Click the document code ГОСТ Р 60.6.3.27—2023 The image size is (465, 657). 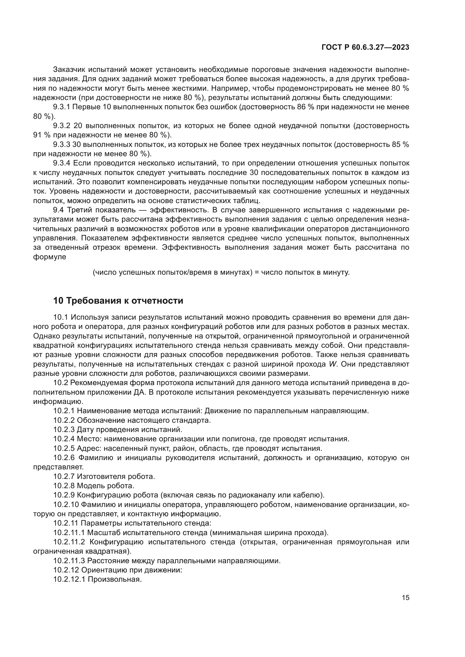365,47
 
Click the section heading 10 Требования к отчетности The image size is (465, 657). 118,301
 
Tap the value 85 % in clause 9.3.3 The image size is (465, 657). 400,144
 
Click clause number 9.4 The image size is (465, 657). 58,210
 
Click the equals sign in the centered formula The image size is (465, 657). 257,272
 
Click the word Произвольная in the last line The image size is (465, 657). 114,579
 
